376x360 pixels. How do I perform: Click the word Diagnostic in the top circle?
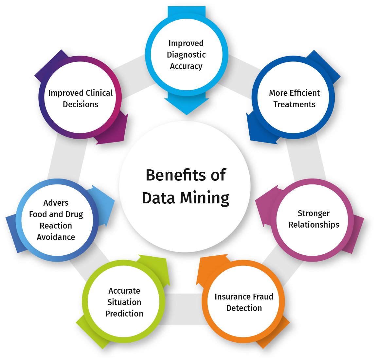pos(186,55)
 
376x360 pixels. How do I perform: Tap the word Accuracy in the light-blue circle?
pos(186,66)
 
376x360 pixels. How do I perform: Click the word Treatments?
pos(295,104)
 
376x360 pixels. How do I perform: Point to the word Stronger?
pos(313,213)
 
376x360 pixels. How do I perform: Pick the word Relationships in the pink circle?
pos(314,225)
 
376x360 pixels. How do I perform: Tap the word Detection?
pos(244,308)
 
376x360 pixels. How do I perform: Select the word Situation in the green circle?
pos(124,302)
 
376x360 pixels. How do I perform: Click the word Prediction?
pos(124,314)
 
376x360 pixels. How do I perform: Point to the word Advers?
pos(56,203)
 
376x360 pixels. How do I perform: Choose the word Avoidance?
pos(56,237)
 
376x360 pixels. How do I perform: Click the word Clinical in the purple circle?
pos(97,93)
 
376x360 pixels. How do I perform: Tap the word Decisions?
pos(81,104)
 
